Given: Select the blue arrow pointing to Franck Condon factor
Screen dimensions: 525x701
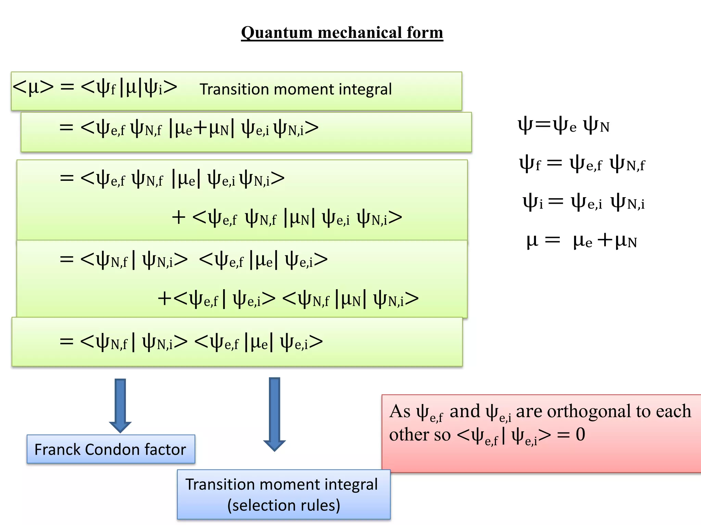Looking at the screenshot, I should (120, 405).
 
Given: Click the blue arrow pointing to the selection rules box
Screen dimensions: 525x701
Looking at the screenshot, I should (275, 414).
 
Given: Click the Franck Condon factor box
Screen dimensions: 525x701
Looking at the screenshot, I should (111, 449).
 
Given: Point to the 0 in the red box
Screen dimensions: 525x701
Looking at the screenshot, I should (580, 434).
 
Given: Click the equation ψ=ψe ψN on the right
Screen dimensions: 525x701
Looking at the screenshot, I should (563, 126).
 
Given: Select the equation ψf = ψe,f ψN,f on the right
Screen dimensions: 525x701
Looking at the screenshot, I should (582, 164).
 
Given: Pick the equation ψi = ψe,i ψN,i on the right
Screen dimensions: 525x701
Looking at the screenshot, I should (583, 202).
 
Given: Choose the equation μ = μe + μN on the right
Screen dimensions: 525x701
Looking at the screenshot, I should (582, 241).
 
